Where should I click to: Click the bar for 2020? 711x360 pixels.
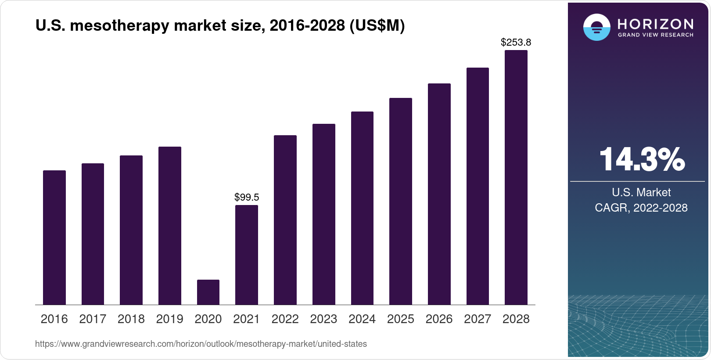[208, 292]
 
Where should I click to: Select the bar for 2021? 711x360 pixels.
[247, 255]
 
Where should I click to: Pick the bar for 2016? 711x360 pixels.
[54, 238]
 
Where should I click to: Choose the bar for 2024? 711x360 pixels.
[362, 208]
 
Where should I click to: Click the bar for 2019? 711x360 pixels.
[170, 226]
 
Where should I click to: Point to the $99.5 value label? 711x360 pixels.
[247, 197]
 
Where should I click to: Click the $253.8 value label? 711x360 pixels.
[516, 42]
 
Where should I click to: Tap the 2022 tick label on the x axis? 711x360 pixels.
[285, 319]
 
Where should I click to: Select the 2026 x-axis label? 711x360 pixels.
[439, 319]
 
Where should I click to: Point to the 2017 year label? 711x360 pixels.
[93, 319]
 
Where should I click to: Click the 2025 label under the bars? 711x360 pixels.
[400, 319]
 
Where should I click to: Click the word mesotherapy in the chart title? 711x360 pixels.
[119, 26]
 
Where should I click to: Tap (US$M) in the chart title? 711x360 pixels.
[377, 26]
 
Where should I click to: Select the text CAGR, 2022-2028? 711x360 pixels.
[641, 208]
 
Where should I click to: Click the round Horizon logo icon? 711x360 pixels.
[596, 27]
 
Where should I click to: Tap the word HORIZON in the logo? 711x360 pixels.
[655, 24]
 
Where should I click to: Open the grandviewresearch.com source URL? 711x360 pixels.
[201, 344]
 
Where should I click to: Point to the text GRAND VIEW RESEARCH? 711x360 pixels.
[655, 35]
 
